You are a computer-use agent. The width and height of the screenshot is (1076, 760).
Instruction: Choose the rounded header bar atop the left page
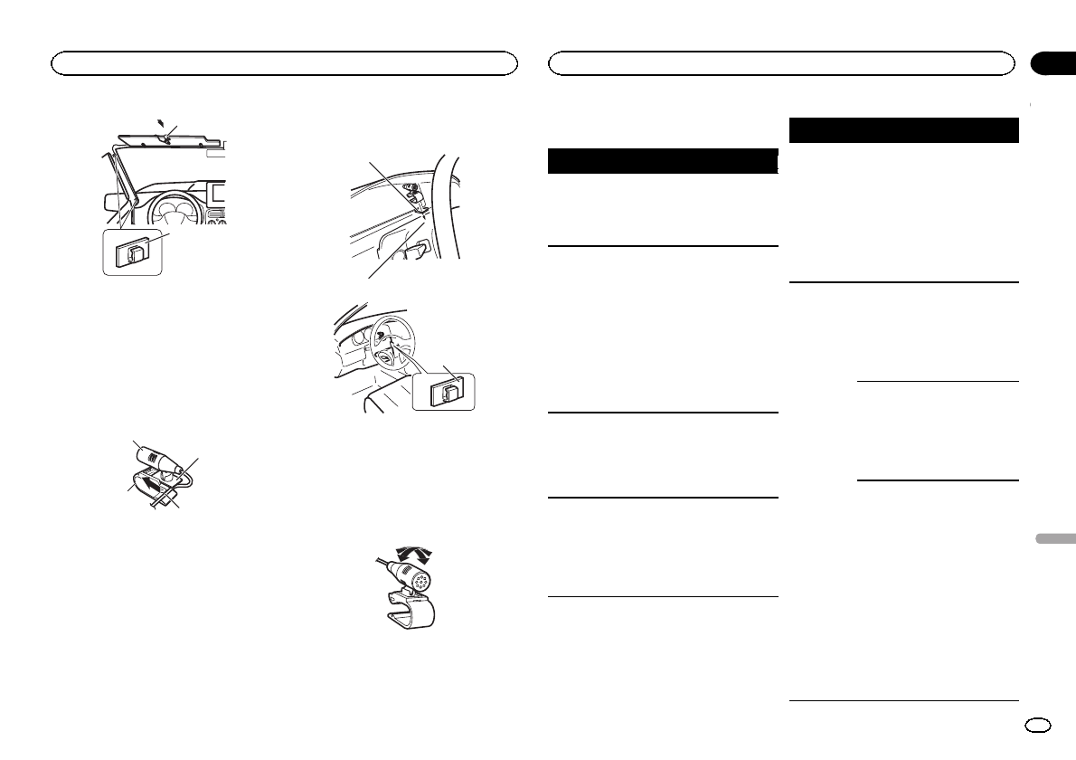(x=284, y=62)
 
